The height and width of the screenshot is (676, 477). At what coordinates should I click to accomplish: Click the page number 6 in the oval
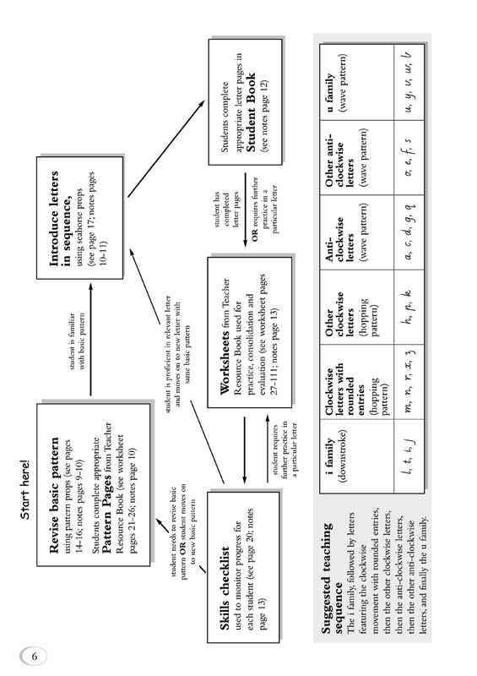35,657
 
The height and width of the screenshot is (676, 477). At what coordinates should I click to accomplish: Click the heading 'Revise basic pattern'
55,495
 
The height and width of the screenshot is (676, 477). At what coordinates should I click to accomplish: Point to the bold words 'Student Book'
251,112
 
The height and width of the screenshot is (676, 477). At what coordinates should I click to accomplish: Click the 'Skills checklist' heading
225,588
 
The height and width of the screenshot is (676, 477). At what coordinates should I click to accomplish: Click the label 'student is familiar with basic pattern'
77,341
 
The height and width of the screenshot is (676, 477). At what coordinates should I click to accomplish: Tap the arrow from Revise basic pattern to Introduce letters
90,340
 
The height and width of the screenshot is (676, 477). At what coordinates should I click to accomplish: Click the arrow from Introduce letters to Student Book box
165,150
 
